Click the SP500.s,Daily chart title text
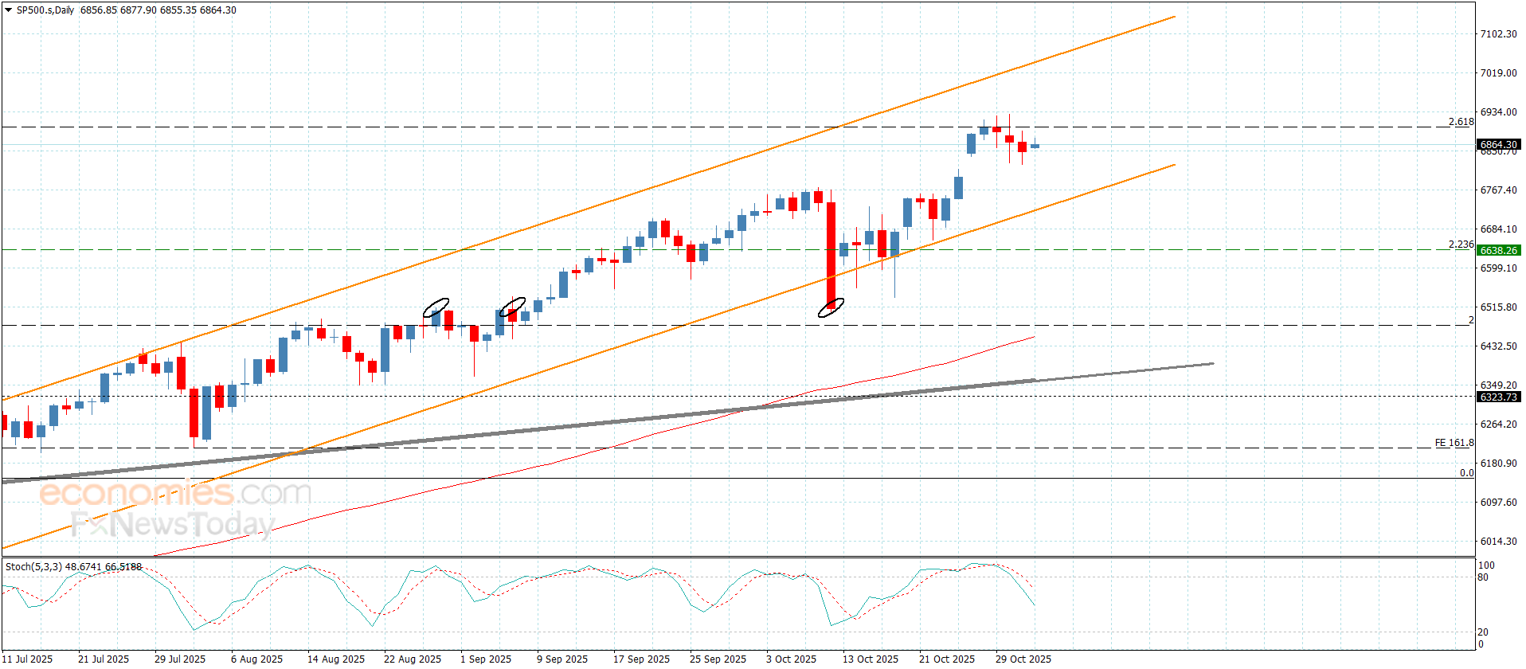(45, 10)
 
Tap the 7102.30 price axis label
(1498, 34)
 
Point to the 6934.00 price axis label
(1498, 112)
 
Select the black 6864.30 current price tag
(1499, 145)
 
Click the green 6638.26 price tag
(1499, 250)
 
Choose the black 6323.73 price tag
(1499, 397)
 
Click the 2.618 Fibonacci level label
(1461, 122)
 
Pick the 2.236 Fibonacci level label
(1461, 245)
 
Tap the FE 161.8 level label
(1454, 443)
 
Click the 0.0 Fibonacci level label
(1466, 473)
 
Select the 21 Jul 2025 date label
(104, 659)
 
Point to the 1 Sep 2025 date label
(486, 659)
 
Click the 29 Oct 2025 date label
(1023, 659)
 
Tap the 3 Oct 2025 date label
(791, 659)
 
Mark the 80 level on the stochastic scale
(1483, 577)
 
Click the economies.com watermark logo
(175, 493)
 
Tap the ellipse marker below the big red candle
(831, 307)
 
